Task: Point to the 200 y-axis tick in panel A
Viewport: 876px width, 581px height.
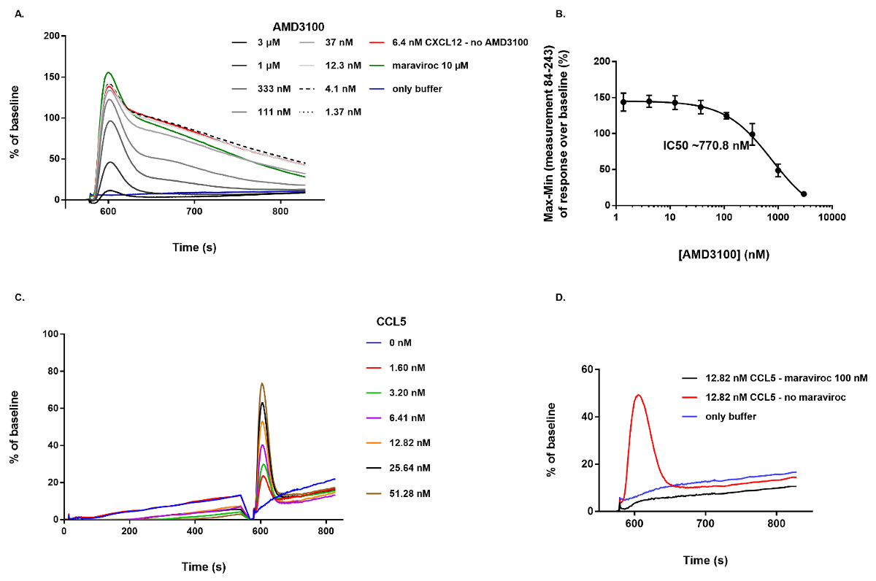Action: tap(50, 36)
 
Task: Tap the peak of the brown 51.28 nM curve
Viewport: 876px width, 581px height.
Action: tap(261, 383)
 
